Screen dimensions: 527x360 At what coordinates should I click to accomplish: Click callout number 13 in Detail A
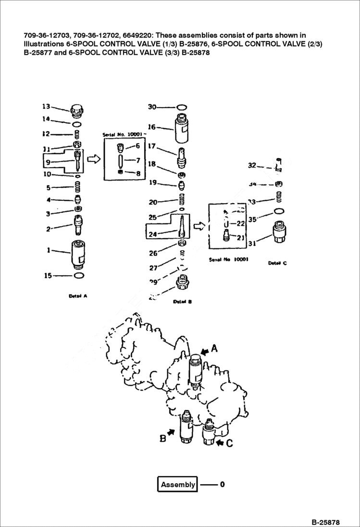click(46, 106)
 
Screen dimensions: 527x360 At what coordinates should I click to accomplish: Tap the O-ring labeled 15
click(79, 275)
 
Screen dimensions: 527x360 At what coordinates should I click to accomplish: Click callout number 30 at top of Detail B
click(152, 107)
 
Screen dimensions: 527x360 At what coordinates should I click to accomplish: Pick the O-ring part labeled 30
click(182, 107)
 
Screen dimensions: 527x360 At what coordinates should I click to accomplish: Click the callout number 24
click(152, 235)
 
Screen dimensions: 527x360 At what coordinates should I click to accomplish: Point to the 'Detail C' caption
click(277, 263)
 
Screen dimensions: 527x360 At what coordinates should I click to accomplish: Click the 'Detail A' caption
click(78, 296)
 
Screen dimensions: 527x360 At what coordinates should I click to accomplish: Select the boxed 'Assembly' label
click(177, 484)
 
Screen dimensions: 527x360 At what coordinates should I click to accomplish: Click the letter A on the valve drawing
click(214, 349)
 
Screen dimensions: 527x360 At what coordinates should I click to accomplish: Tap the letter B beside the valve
click(162, 438)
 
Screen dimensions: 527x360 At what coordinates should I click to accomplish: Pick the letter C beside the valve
click(229, 443)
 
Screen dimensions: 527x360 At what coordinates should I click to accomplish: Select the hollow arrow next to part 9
click(96, 159)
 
